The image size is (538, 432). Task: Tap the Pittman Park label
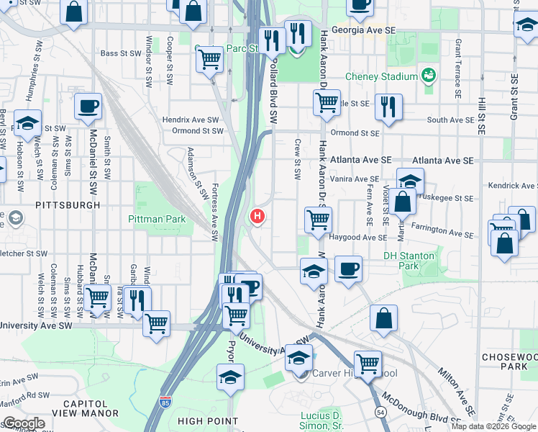coord(157,219)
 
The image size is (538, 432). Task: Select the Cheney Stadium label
coord(381,76)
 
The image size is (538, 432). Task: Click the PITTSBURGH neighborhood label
coord(68,205)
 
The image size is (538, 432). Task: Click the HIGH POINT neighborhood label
coord(207,421)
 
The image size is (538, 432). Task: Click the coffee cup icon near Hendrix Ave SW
coord(88,106)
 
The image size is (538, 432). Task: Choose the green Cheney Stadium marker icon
coord(429,75)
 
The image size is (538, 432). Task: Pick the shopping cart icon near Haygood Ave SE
coord(318,220)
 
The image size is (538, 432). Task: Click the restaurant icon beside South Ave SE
coord(388,107)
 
